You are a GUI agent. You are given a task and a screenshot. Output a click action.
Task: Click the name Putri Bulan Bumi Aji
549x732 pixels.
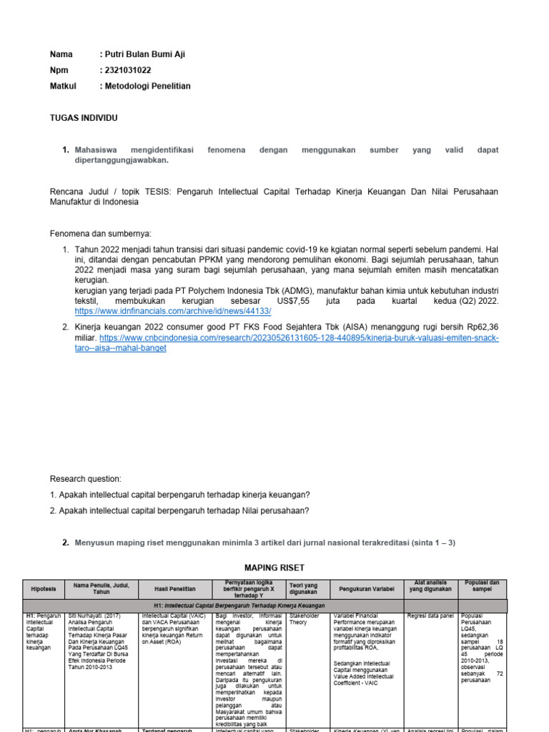point(148,54)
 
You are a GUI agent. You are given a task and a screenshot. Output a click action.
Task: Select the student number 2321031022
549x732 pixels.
point(129,70)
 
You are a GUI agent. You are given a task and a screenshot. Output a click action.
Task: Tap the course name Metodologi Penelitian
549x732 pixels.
point(148,86)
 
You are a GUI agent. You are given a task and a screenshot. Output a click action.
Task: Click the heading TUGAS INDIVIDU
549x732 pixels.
point(84,117)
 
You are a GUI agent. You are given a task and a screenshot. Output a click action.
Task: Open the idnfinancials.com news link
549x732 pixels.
point(172,312)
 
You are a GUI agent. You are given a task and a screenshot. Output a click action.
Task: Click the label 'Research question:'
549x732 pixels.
point(86,479)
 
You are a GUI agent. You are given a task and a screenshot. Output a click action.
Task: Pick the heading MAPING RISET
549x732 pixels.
point(275,568)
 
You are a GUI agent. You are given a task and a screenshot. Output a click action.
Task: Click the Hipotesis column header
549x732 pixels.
point(44,589)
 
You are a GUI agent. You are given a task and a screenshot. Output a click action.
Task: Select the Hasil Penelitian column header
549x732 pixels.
point(175,589)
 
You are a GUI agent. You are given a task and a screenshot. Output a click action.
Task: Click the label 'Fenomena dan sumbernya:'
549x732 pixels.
point(101,234)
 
